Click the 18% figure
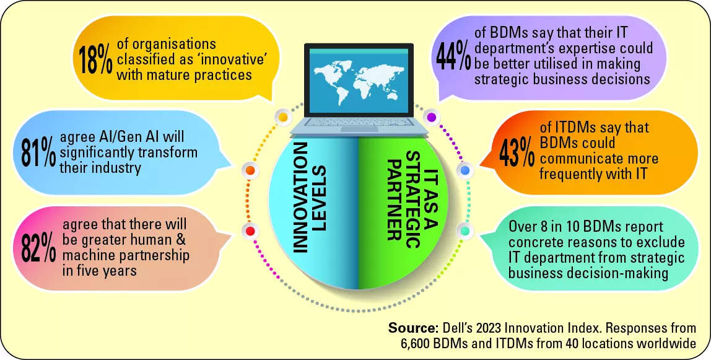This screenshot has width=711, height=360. [x=96, y=59]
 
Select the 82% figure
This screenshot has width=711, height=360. [x=39, y=250]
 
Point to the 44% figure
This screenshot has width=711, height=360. [x=453, y=57]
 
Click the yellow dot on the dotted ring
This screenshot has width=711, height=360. [x=282, y=118]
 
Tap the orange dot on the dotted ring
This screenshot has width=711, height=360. [x=250, y=170]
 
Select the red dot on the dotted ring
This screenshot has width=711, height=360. [x=250, y=230]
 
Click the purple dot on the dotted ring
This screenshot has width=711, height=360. [x=431, y=118]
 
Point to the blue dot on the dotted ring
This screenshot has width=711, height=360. [x=465, y=170]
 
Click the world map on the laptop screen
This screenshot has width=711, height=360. [x=358, y=81]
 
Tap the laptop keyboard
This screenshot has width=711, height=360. [x=358, y=121]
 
